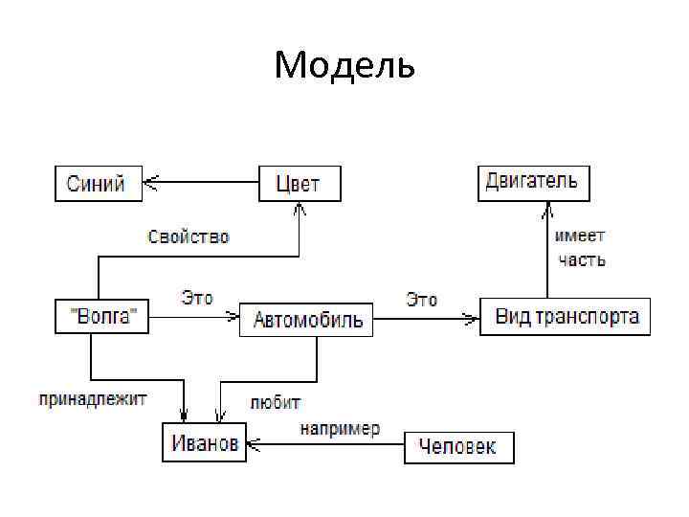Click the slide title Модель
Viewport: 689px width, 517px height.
point(344,66)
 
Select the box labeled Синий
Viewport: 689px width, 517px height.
point(98,183)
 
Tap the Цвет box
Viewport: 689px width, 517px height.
point(300,183)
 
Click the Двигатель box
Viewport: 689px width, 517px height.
point(533,182)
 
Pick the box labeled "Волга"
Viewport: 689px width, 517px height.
point(102,316)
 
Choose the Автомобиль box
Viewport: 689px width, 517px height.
point(306,320)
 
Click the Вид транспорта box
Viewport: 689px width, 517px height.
point(565,317)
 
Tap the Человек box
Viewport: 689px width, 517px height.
point(458,447)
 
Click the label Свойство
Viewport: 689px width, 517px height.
point(189,236)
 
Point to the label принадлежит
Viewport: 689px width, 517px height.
point(92,398)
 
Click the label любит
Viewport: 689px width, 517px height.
point(276,402)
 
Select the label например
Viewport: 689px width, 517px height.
point(340,428)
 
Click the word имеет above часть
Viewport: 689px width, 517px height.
point(580,236)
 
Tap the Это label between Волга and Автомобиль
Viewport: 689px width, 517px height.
point(197,298)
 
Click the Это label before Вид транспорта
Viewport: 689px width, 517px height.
point(422,300)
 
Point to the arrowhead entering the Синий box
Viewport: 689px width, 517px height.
point(150,180)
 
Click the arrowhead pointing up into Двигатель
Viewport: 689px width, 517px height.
point(547,207)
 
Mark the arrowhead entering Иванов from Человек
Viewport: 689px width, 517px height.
point(253,444)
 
